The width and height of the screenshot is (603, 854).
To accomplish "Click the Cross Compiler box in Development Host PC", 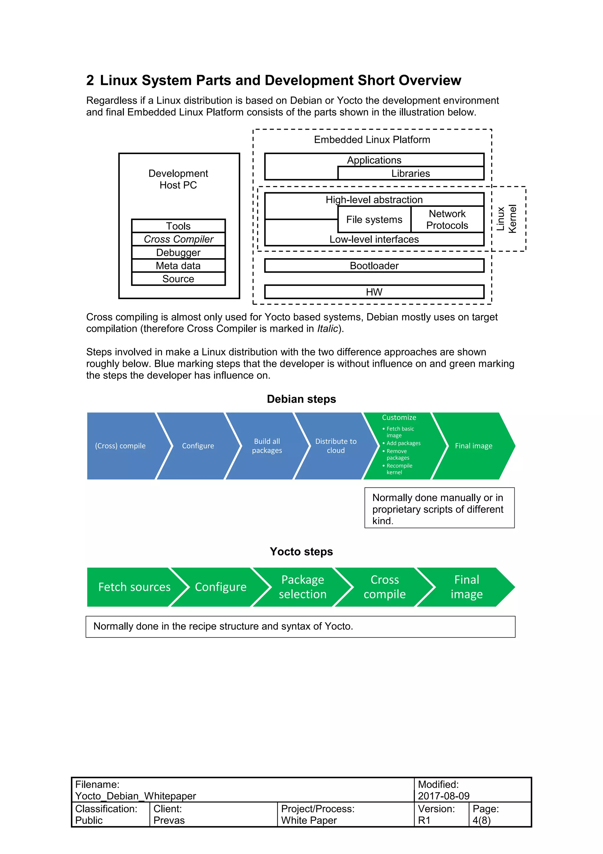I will (x=178, y=239).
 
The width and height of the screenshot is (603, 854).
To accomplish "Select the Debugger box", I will (x=178, y=253).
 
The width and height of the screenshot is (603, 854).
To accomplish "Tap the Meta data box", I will (x=178, y=266).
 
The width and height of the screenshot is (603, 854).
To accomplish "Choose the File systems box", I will (x=374, y=220).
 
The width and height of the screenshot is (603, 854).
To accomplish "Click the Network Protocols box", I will (x=447, y=220).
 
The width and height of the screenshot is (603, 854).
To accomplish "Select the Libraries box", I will (x=410, y=173).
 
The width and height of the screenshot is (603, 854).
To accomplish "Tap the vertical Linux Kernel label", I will (x=506, y=219).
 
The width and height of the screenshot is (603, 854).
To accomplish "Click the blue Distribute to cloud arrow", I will (x=335, y=446).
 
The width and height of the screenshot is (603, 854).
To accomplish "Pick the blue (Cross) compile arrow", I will (x=120, y=446).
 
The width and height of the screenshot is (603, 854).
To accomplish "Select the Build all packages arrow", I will (x=267, y=446).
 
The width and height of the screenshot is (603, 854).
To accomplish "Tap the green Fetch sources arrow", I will (x=134, y=587).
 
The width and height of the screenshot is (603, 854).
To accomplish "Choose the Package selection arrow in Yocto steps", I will (x=302, y=587).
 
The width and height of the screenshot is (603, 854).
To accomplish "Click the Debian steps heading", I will (x=301, y=399).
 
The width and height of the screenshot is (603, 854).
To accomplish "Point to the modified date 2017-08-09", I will (x=444, y=796).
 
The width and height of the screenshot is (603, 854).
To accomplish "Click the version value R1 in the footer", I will (x=424, y=820).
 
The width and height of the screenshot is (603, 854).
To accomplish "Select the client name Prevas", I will (x=169, y=820).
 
